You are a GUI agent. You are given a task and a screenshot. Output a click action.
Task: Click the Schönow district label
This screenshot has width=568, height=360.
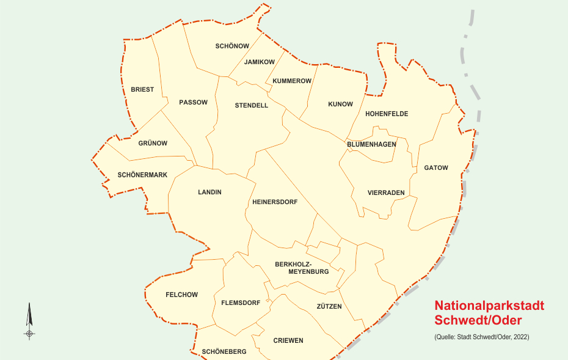(x=232, y=46)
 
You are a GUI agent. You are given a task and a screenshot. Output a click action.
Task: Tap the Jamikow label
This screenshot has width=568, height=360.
(x=259, y=62)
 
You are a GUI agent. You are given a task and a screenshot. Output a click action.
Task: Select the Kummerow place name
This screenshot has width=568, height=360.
(x=292, y=81)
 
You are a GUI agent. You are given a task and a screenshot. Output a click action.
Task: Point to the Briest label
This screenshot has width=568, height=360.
(x=142, y=90)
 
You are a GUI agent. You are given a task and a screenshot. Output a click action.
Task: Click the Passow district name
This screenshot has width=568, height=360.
(x=193, y=103)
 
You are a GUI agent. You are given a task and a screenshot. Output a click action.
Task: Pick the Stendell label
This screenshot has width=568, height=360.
(x=252, y=106)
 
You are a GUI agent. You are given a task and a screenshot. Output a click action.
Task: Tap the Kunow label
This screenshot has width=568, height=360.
(x=340, y=105)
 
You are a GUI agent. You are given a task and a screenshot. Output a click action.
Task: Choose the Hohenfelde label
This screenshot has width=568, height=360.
(x=387, y=114)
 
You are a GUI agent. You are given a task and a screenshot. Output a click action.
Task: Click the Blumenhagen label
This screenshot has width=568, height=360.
(x=371, y=145)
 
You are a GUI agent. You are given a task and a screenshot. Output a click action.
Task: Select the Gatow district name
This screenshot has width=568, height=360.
(x=436, y=168)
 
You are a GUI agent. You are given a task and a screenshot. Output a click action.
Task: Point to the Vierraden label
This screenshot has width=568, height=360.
(x=386, y=193)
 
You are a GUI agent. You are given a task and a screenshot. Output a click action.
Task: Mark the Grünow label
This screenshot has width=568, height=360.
(x=153, y=144)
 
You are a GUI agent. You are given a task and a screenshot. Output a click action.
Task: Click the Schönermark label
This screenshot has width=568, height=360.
(x=142, y=175)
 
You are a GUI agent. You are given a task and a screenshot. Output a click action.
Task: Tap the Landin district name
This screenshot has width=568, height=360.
(x=209, y=193)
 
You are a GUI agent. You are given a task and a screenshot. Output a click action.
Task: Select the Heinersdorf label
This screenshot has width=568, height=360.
(x=275, y=202)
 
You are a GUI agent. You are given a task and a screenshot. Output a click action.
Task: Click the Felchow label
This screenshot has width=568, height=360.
(x=181, y=295)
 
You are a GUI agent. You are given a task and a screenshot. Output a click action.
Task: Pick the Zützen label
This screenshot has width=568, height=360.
(x=329, y=307)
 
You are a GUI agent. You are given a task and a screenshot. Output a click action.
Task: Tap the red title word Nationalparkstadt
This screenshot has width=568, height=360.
(x=489, y=306)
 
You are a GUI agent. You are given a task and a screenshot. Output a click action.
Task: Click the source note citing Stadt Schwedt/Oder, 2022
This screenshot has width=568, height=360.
(x=481, y=337)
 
